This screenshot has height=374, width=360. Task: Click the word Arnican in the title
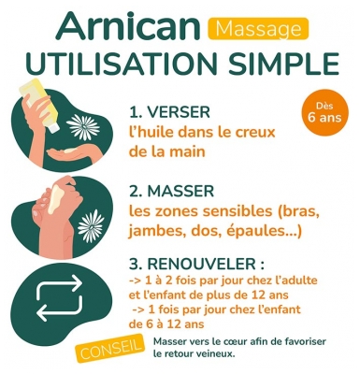[x=127, y=26]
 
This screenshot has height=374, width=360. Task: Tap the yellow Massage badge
[x=258, y=29]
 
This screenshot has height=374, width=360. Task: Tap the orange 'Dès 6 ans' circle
[x=324, y=112]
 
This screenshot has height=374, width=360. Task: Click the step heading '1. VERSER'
[x=169, y=112]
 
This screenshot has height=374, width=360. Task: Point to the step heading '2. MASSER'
[x=171, y=191]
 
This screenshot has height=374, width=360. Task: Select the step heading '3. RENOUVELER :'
[x=197, y=264]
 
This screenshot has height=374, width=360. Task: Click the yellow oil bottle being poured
[x=39, y=103]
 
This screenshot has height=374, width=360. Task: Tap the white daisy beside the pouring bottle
[x=83, y=127]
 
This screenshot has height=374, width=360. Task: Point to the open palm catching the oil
[x=73, y=153]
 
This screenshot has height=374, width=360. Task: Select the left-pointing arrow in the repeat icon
[x=59, y=309]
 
